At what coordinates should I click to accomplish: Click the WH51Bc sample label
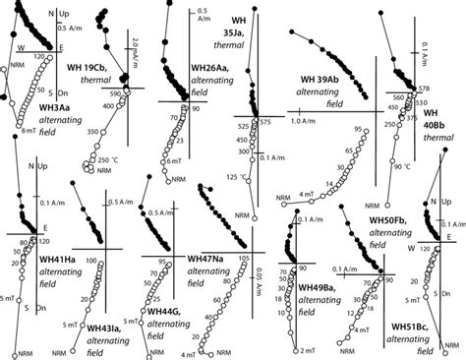tap(391, 324)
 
